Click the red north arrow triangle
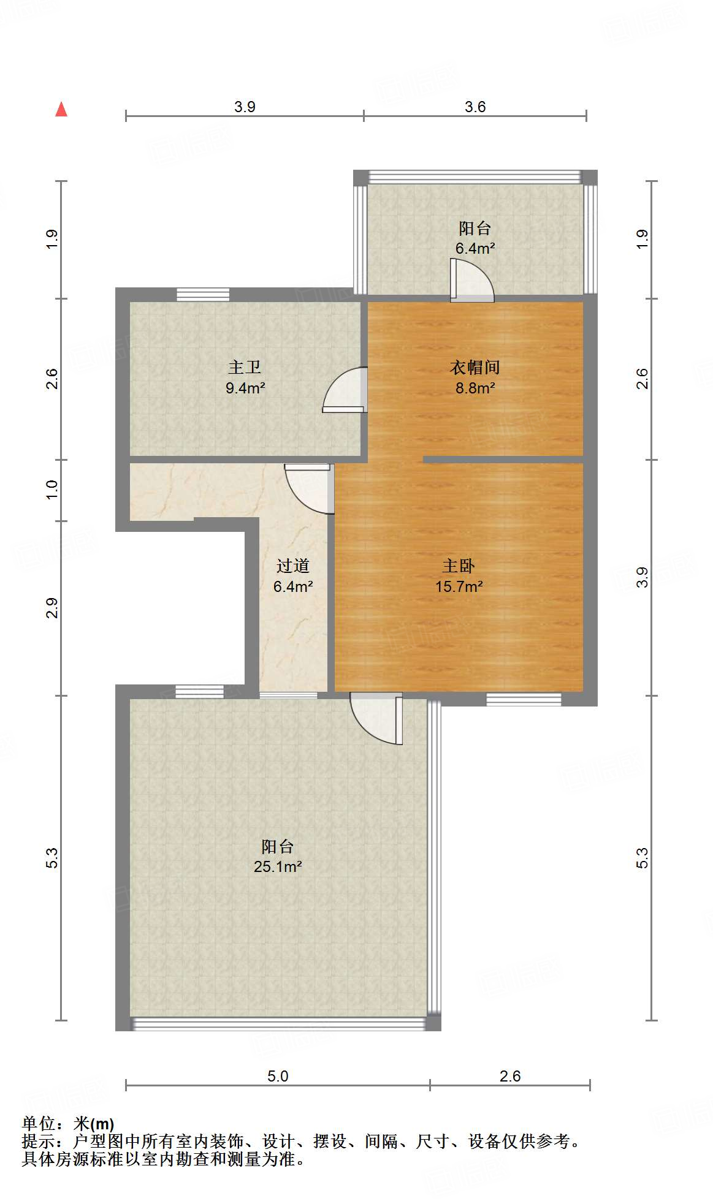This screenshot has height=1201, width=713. (x=61, y=110)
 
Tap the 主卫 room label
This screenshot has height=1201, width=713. (x=245, y=367)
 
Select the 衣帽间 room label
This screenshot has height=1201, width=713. (x=475, y=367)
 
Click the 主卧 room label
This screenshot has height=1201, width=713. (x=459, y=566)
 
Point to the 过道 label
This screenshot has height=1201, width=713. (x=292, y=566)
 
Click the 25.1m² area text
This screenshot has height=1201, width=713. (x=278, y=866)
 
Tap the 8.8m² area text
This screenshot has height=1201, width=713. (x=475, y=388)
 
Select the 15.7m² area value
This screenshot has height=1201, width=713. (x=459, y=586)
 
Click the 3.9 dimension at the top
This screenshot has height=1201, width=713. (x=245, y=107)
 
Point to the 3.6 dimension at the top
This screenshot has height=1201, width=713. (x=475, y=107)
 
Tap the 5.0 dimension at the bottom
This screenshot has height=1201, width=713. (x=278, y=1076)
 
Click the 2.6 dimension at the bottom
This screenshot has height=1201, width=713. (x=509, y=1076)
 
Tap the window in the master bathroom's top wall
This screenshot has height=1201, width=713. (x=203, y=295)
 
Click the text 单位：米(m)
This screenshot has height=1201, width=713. (x=68, y=1123)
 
